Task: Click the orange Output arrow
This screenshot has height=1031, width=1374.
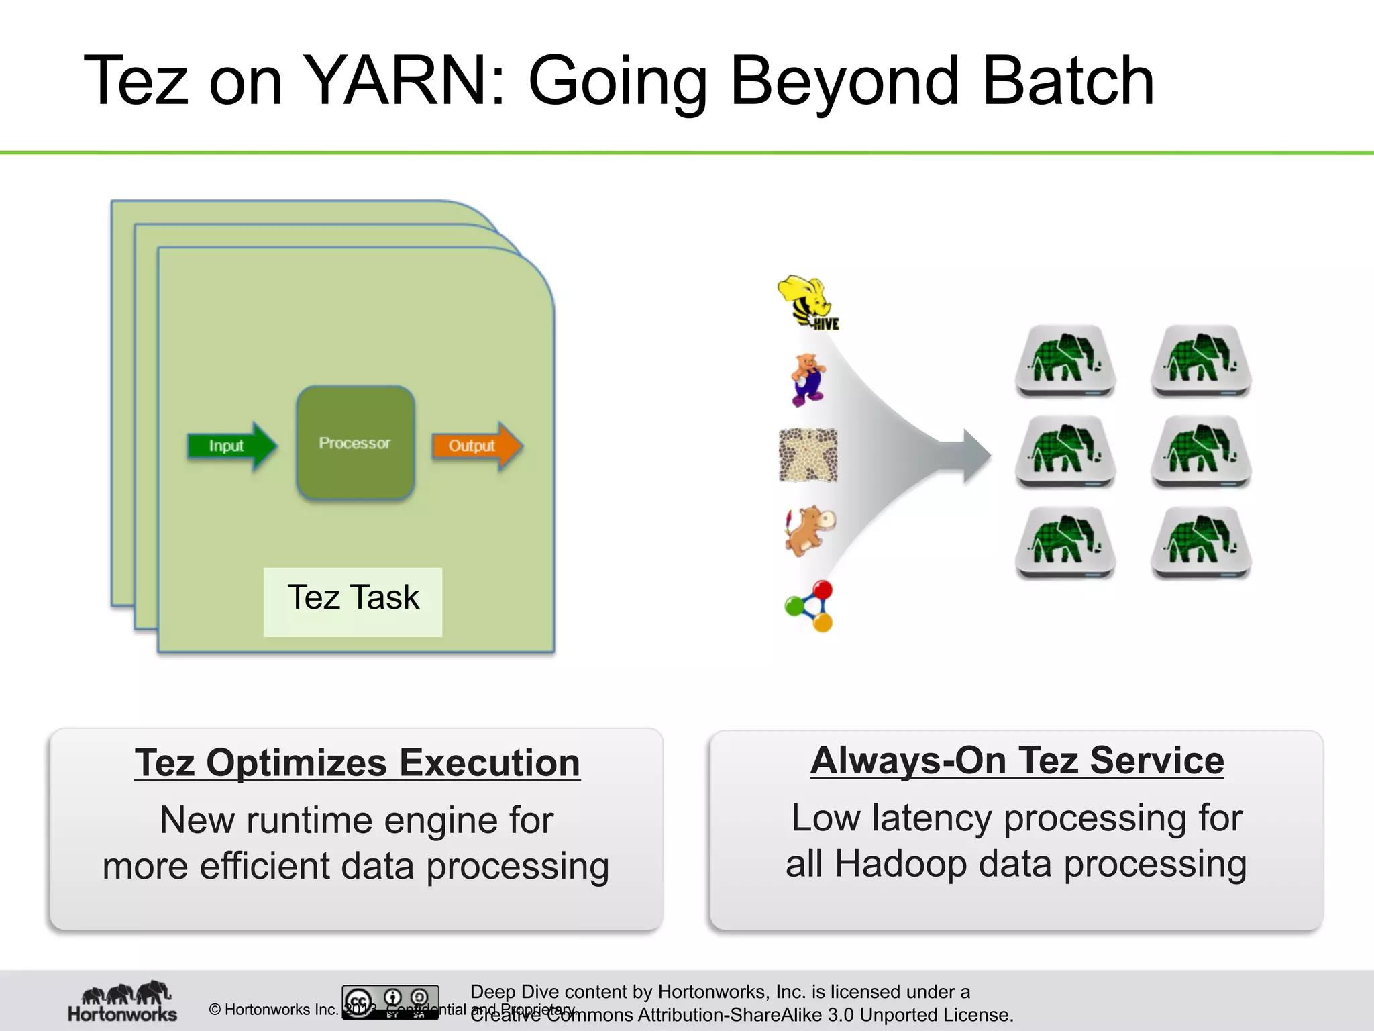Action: click(x=475, y=446)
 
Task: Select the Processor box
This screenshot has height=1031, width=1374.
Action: click(x=355, y=443)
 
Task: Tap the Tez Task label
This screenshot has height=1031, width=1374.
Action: click(x=353, y=598)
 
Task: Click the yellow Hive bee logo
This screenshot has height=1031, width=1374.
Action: click(x=808, y=302)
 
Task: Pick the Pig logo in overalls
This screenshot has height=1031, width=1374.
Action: click(x=808, y=380)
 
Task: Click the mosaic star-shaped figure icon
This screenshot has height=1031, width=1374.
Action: click(x=808, y=455)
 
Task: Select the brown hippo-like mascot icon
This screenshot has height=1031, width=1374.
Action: click(x=810, y=530)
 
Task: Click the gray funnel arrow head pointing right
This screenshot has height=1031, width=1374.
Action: click(x=975, y=456)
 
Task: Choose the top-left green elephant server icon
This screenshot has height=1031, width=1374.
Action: click(x=1065, y=360)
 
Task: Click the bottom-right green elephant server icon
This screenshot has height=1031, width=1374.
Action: click(x=1201, y=542)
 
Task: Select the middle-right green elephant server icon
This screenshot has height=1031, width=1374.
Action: click(x=1201, y=451)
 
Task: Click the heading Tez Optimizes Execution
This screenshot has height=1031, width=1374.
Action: click(x=357, y=763)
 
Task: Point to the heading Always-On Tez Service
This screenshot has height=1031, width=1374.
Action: click(x=1016, y=760)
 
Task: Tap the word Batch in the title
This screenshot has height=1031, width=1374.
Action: click(x=1067, y=81)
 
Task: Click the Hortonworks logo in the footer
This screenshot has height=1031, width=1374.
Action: click(x=123, y=1002)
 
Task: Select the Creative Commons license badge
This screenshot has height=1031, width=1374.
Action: click(x=390, y=1002)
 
